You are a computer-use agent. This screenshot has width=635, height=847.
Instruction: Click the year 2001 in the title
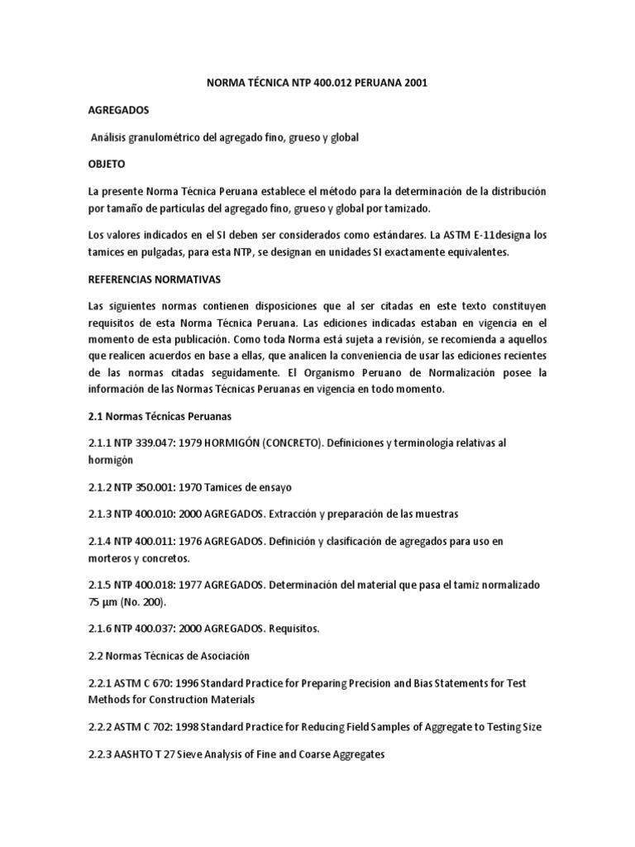413,84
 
